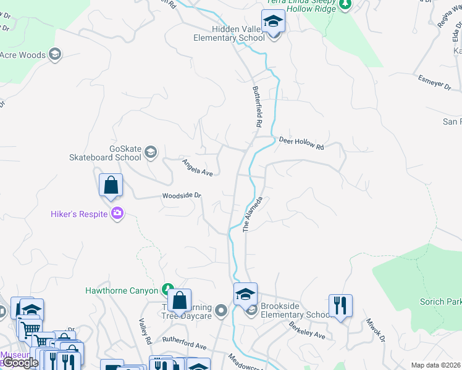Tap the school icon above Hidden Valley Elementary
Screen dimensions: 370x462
click(272, 22)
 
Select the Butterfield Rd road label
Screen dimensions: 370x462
click(254, 106)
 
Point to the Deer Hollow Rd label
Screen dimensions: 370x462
click(301, 143)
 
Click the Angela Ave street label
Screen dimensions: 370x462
click(197, 168)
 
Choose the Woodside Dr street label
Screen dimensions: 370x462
click(182, 196)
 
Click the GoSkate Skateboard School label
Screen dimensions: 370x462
click(125, 153)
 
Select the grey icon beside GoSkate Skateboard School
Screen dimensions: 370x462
click(151, 152)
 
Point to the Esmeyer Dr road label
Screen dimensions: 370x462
click(435, 83)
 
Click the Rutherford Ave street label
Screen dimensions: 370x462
click(184, 343)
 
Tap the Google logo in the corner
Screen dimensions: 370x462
click(20, 362)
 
